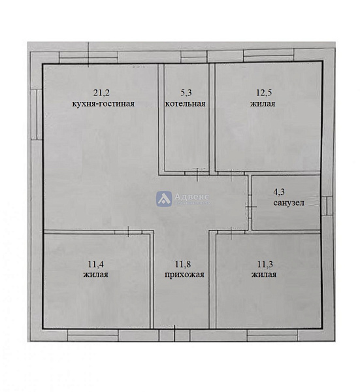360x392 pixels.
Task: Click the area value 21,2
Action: (x=101, y=93)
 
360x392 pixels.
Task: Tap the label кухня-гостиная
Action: (x=103, y=103)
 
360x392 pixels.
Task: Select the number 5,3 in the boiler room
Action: (x=186, y=93)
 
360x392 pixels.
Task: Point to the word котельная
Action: (x=186, y=103)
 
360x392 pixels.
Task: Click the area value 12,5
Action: (x=264, y=93)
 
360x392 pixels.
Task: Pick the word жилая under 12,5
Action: (x=263, y=103)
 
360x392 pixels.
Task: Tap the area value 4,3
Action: (x=279, y=191)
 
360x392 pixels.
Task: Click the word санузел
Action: (x=289, y=203)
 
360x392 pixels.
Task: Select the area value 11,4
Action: (x=96, y=264)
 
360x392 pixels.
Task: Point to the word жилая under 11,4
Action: (x=96, y=274)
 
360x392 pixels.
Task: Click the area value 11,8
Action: (x=183, y=264)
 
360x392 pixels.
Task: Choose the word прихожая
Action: (x=184, y=275)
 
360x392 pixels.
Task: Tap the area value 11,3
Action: (x=265, y=264)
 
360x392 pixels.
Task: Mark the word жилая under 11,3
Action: (x=264, y=274)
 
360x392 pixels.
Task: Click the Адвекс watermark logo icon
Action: (x=164, y=199)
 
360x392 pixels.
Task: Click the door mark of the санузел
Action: (x=250, y=206)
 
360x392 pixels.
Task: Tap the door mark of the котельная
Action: (x=197, y=174)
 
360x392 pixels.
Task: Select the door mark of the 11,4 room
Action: (x=128, y=232)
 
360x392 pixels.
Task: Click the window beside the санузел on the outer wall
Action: (x=327, y=206)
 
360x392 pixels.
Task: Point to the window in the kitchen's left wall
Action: (x=37, y=114)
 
